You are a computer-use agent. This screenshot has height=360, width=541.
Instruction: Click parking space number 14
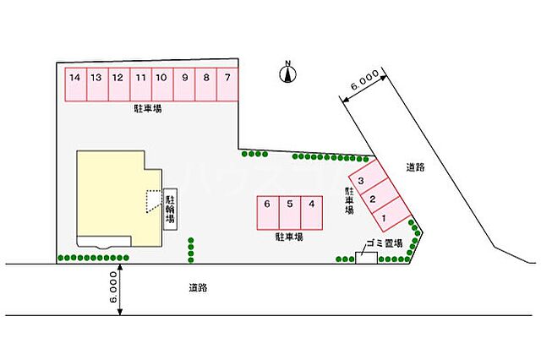[x=76, y=85]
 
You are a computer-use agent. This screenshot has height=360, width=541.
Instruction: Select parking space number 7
[x=227, y=85]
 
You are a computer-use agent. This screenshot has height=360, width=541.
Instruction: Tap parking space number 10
[x=162, y=85]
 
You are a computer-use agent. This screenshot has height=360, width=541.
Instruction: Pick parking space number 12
[x=119, y=85]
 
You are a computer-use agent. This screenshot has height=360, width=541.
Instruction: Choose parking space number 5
[x=290, y=213]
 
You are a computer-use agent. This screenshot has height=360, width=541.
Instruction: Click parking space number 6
[x=268, y=213]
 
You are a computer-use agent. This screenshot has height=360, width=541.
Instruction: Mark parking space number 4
[x=312, y=213]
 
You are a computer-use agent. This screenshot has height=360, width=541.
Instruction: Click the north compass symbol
[x=287, y=73]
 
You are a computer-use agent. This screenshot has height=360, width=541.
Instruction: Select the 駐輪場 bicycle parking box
[x=171, y=210]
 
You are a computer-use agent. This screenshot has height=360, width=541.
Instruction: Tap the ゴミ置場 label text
[x=384, y=243]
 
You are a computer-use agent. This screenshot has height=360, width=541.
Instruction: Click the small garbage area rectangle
[x=366, y=258]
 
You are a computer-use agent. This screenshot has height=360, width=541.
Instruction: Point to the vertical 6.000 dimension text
[x=113, y=286]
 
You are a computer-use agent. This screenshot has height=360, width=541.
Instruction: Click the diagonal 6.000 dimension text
[x=364, y=80]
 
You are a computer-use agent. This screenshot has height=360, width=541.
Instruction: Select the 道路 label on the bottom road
[x=198, y=287]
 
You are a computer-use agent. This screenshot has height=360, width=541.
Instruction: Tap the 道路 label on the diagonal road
[x=415, y=167]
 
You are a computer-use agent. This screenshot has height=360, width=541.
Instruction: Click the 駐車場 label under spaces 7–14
[x=148, y=109]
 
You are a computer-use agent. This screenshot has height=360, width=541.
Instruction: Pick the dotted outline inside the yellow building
[x=154, y=201]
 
